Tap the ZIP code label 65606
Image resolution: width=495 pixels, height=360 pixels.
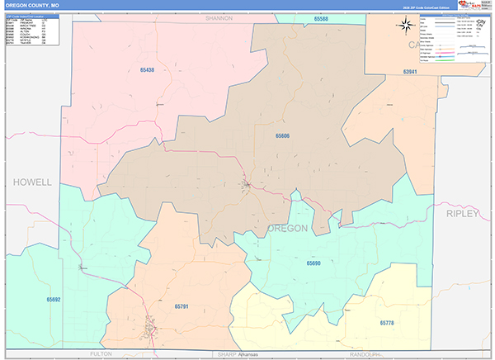click(283, 135)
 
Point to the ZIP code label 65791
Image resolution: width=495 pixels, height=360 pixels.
click(181, 306)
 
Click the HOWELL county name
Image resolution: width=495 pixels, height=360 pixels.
click(32, 182)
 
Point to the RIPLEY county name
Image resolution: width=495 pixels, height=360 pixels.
click(462, 213)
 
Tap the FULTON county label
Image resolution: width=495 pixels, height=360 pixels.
click(100, 353)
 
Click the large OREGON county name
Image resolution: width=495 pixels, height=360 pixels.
click(287, 228)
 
